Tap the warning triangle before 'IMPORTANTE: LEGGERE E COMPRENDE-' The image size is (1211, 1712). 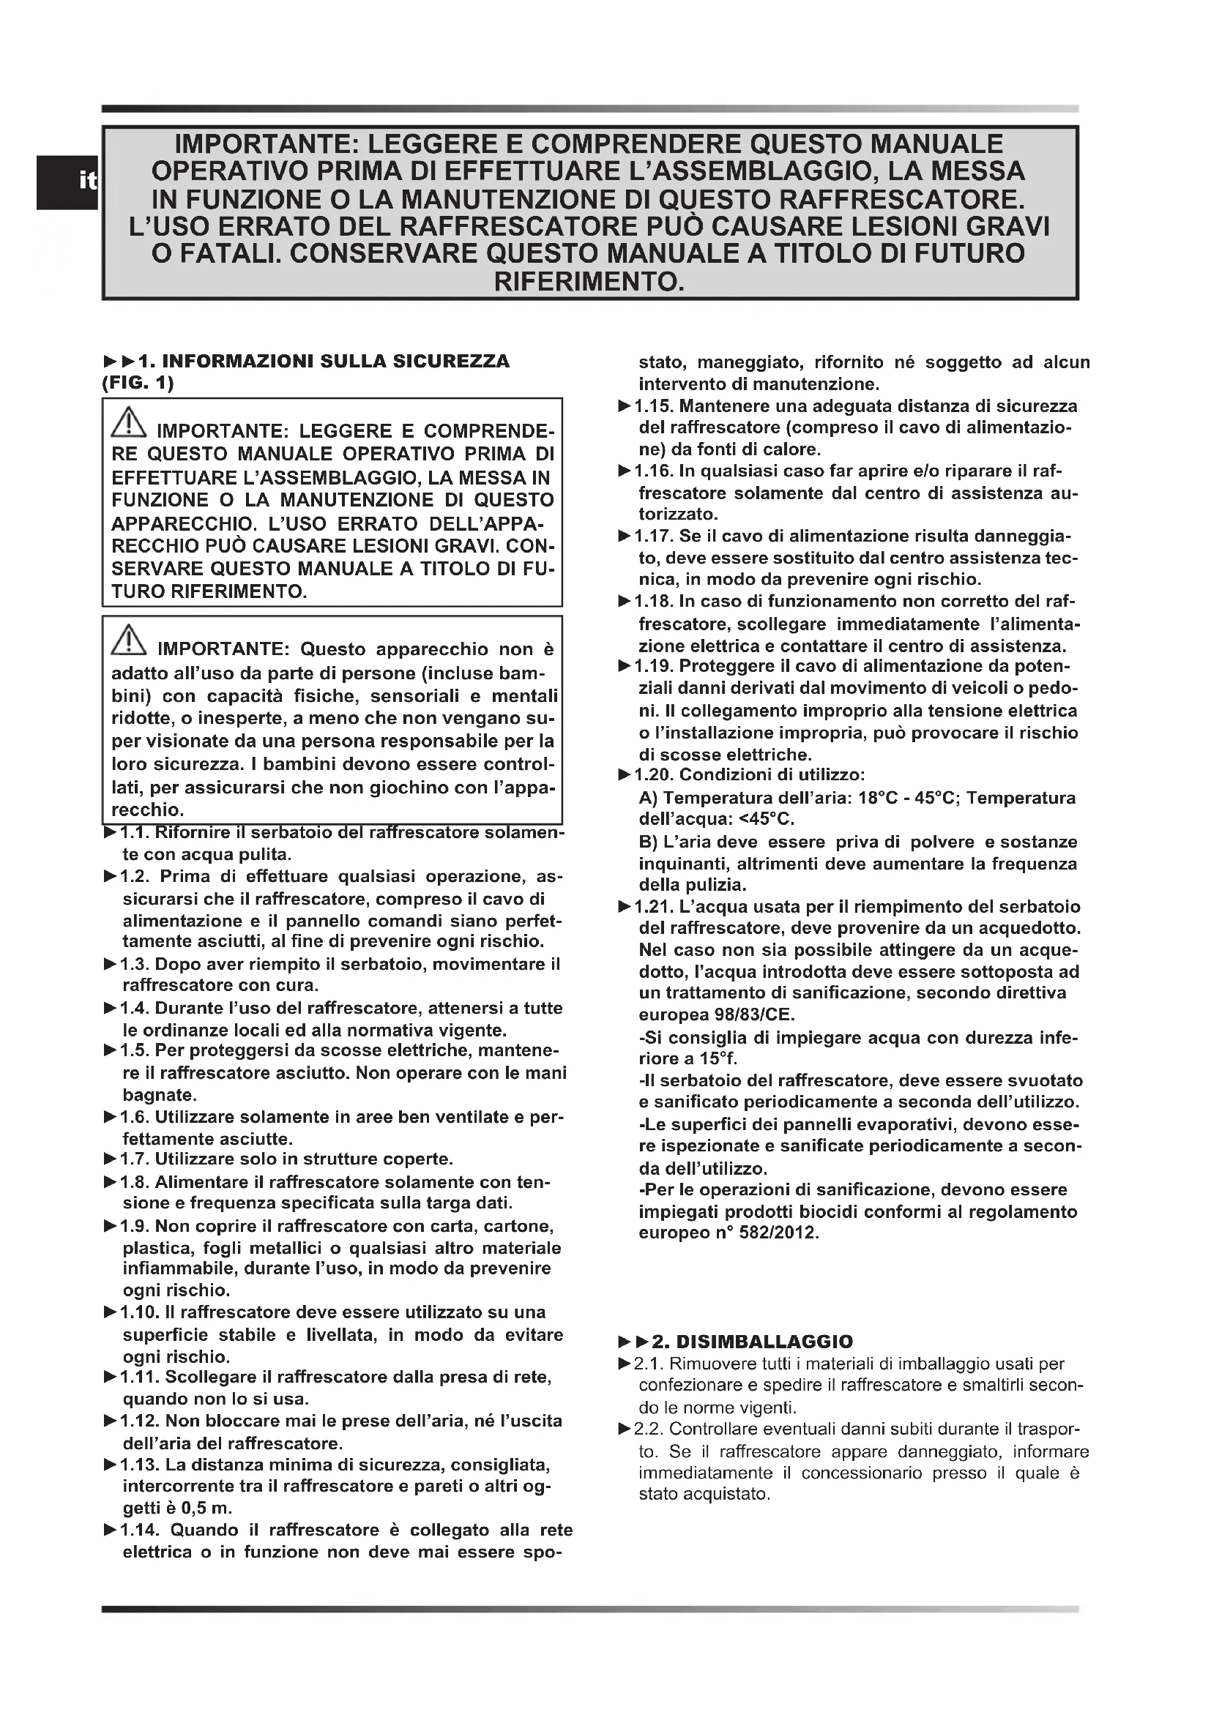[x=129, y=423]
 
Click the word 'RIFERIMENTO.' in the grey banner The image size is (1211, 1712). [x=589, y=282]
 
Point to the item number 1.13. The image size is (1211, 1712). [x=139, y=1465]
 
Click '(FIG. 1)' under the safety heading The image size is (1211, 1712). [x=138, y=384]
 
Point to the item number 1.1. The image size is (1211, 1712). [x=134, y=832]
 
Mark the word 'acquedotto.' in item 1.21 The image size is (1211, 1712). [x=1036, y=929]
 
